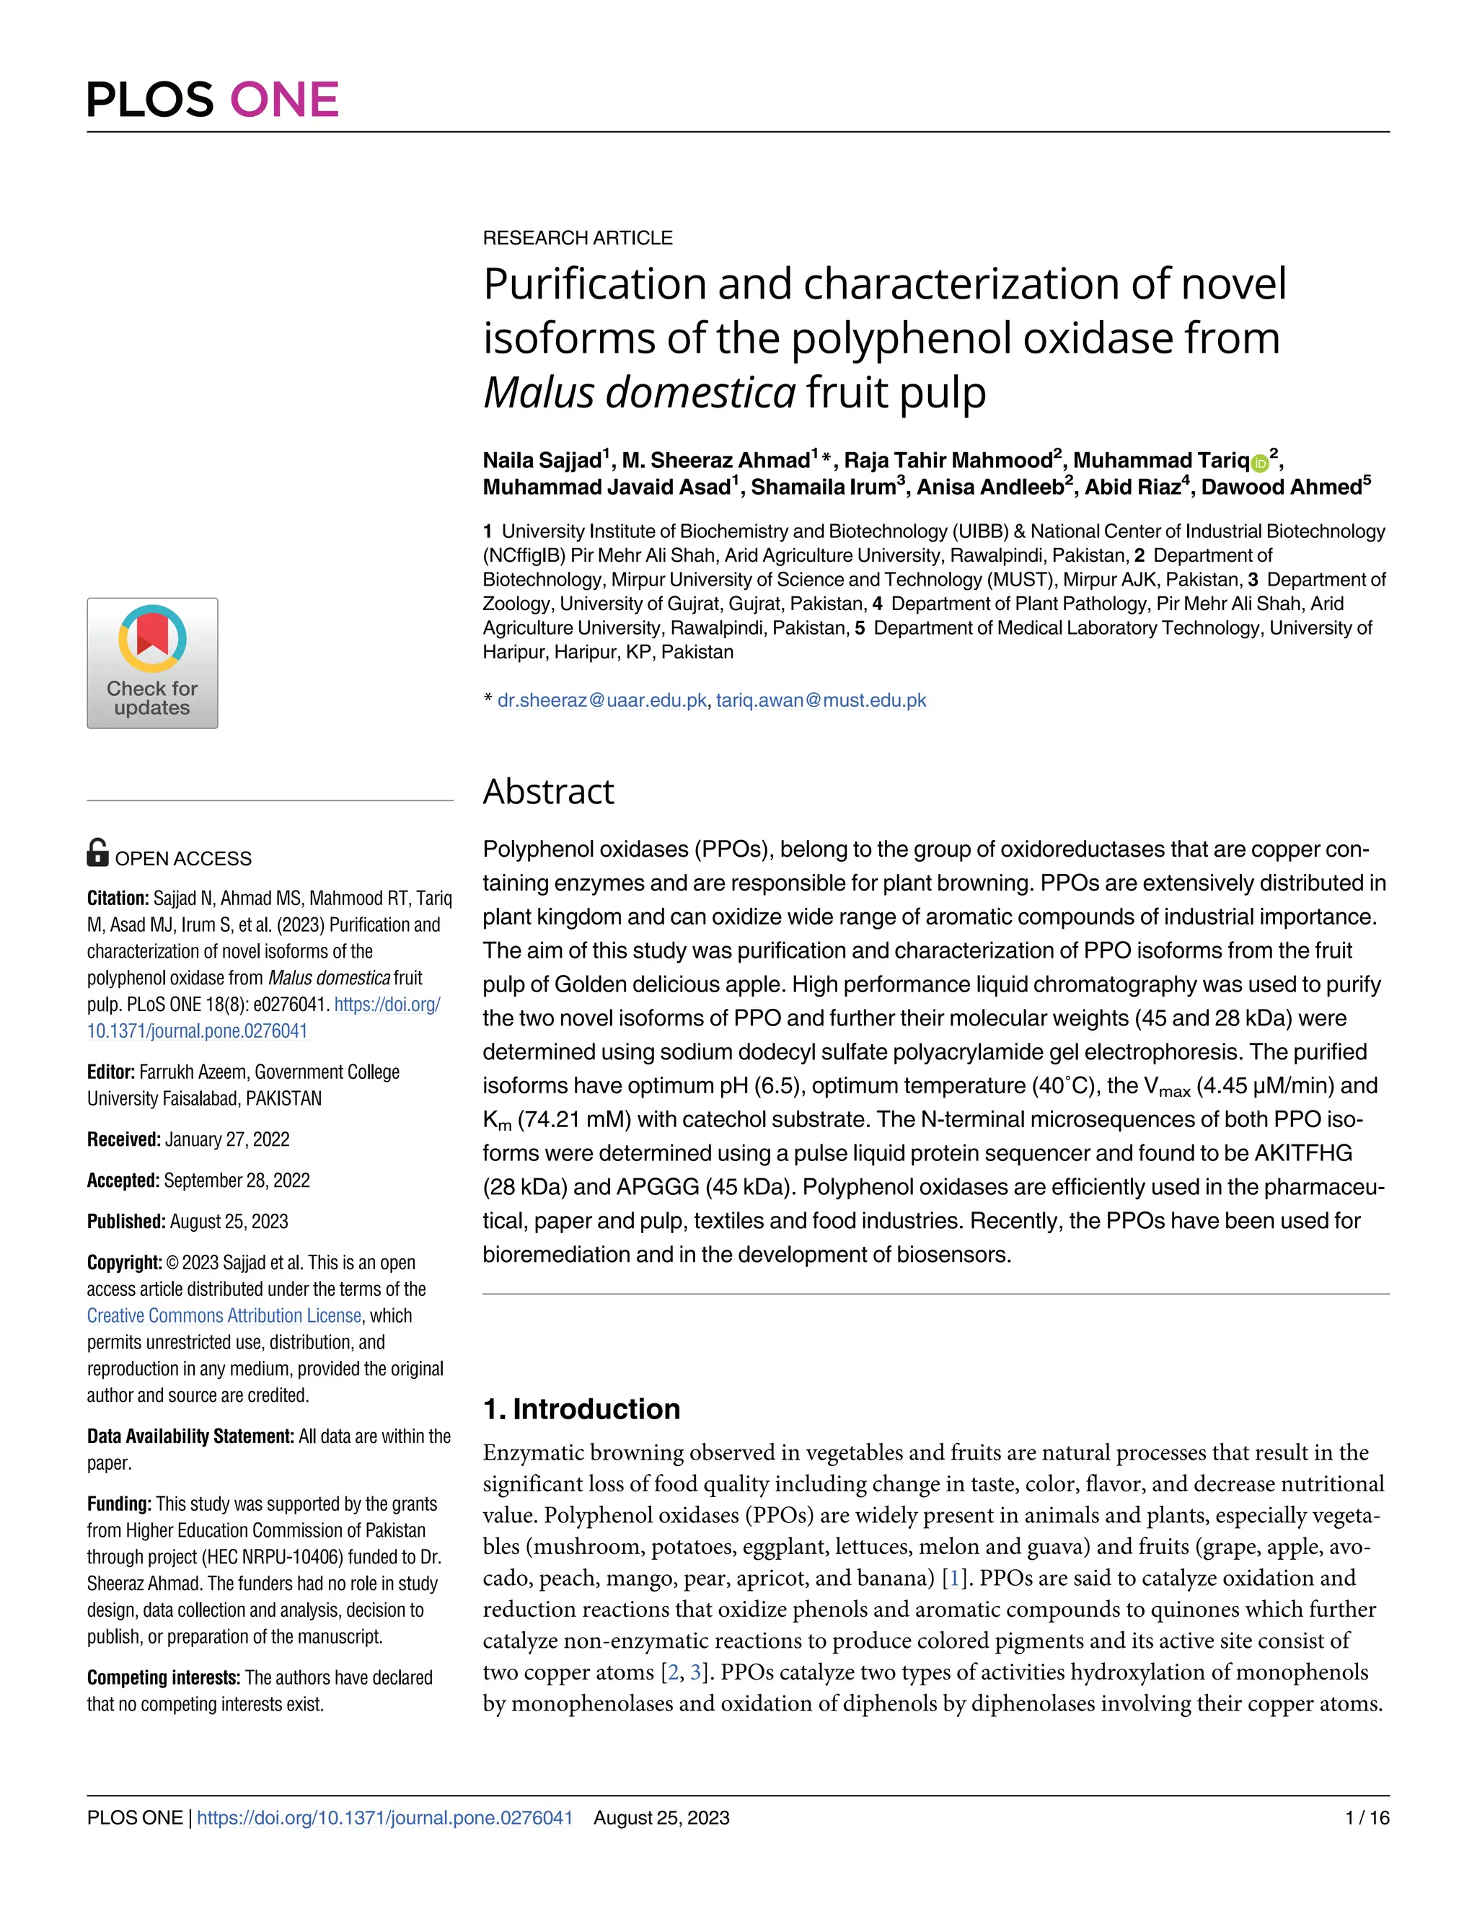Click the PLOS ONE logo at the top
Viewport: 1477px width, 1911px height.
tap(213, 100)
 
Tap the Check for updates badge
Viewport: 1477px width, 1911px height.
tap(152, 663)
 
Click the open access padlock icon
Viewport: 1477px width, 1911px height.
tap(98, 852)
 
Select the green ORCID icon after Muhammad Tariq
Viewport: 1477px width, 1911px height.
tap(1260, 464)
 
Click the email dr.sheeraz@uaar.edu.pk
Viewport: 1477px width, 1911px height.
tap(602, 701)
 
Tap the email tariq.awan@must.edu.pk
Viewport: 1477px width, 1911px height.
tap(821, 701)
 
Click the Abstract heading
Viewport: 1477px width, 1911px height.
tap(549, 792)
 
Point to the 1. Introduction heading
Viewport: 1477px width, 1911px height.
tap(581, 1409)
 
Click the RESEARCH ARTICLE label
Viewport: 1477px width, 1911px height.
tap(578, 238)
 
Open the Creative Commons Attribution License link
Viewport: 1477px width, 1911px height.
tap(224, 1316)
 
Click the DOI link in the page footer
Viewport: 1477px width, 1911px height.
tap(385, 1817)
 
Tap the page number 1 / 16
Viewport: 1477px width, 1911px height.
tap(1367, 1817)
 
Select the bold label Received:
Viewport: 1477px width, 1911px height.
tap(123, 1139)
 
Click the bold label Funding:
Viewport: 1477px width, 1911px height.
tap(119, 1504)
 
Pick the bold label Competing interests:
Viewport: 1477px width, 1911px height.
tap(164, 1677)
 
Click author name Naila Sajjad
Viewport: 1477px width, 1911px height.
tap(542, 461)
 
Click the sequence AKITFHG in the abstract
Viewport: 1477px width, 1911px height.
tap(1303, 1153)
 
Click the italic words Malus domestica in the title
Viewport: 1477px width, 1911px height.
tap(640, 393)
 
